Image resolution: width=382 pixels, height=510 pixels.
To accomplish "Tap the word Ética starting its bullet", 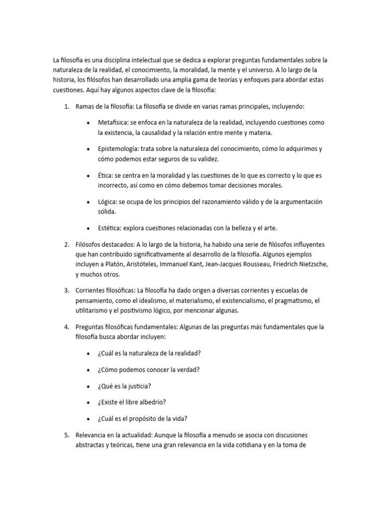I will point(105,175).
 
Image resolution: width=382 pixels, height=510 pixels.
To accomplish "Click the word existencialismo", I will point(239,300).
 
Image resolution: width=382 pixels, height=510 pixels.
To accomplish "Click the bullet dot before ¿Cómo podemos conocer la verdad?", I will point(88,370).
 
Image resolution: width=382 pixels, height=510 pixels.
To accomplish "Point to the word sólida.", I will point(106,212).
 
